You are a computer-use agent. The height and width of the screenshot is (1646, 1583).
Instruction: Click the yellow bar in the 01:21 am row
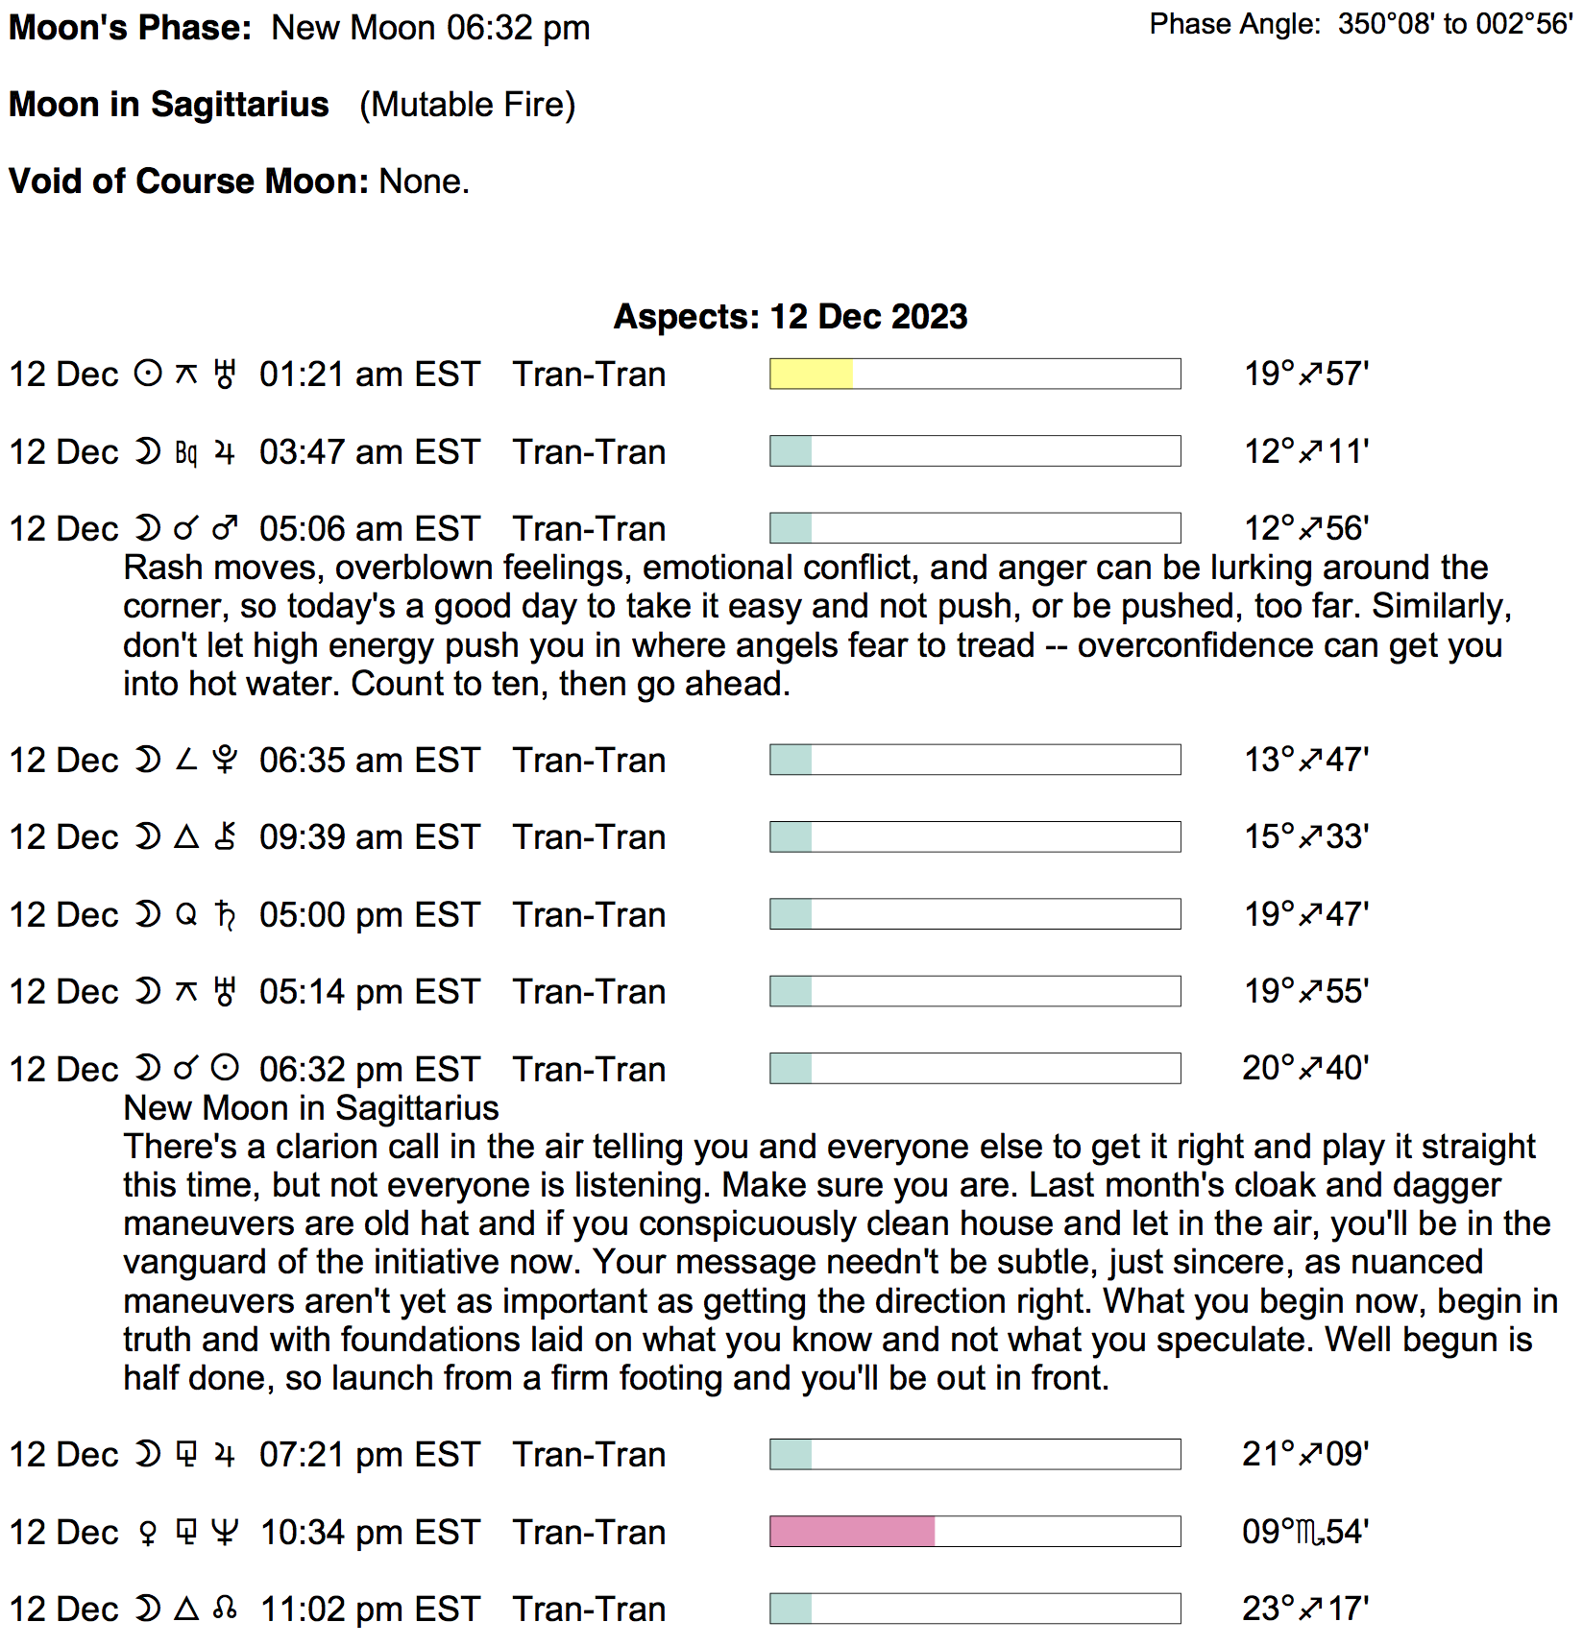(x=811, y=374)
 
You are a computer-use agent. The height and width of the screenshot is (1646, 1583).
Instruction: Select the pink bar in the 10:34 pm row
(x=852, y=1532)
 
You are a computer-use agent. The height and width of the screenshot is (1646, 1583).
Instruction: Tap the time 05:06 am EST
(x=369, y=529)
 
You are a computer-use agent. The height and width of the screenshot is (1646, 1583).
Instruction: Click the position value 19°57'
(x=1305, y=374)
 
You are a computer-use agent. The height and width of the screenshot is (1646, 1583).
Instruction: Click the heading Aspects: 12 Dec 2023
(x=791, y=317)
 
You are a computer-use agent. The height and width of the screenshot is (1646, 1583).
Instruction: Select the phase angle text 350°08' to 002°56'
(x=1454, y=24)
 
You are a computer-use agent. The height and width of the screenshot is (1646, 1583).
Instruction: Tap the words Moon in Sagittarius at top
(x=169, y=105)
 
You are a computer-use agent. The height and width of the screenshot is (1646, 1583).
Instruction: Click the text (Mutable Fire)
(x=468, y=105)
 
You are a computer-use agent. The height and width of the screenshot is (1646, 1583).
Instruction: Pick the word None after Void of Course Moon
(x=424, y=182)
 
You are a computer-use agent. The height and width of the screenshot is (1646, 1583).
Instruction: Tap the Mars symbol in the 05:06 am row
(x=225, y=529)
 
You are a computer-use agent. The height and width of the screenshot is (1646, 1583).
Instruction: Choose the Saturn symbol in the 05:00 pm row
(x=225, y=915)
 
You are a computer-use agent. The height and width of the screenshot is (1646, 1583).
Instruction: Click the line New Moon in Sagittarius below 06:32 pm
(x=311, y=1108)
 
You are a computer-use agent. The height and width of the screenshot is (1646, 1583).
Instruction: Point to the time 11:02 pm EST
(x=370, y=1610)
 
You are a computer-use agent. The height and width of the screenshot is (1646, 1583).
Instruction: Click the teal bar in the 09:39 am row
(x=791, y=836)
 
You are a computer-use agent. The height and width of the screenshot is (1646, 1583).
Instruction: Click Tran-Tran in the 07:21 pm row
(x=589, y=1455)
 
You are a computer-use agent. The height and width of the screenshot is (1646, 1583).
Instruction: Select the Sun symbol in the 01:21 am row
(x=148, y=374)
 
